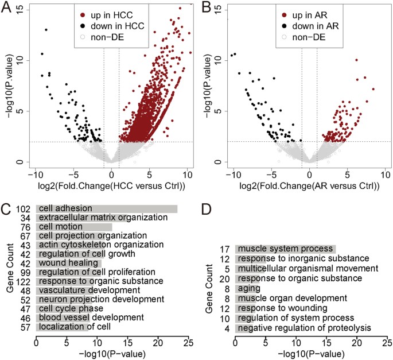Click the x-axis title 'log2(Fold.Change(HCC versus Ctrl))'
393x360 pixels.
point(112,185)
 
